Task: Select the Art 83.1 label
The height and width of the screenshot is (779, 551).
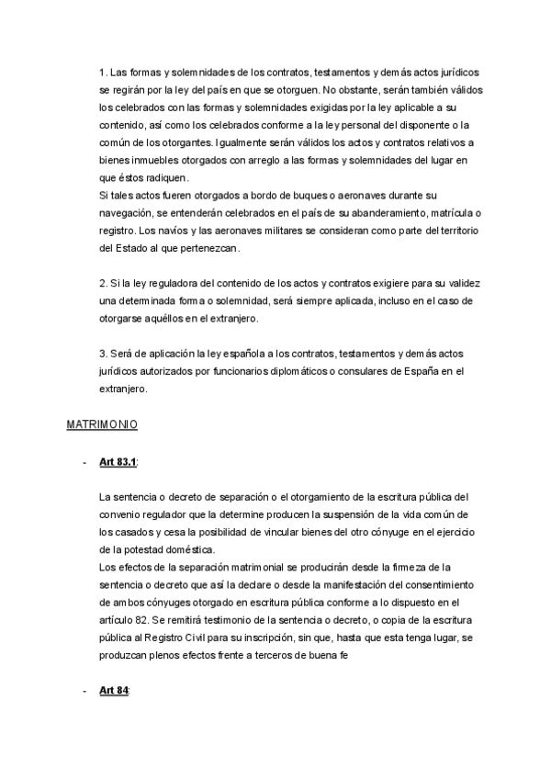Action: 118,462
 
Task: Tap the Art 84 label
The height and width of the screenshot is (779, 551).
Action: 114,690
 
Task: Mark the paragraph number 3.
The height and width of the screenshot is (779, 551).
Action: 101,354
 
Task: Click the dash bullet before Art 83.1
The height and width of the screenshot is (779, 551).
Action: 84,462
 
